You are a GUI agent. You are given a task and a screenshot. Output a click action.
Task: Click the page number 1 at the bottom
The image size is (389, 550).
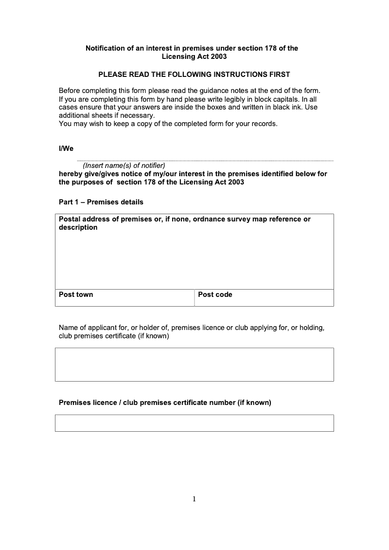[194, 498]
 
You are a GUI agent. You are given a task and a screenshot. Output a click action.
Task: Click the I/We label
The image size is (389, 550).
[66, 148]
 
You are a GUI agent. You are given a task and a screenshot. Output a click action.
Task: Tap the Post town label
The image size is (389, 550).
[76, 294]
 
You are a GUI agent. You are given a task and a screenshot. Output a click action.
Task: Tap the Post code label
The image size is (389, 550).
[215, 294]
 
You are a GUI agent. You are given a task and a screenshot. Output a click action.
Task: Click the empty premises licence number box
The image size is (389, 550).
[194, 423]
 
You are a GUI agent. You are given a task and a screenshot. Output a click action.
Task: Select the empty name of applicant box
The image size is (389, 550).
[194, 364]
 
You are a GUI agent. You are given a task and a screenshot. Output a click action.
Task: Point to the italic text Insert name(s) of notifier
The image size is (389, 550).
[124, 165]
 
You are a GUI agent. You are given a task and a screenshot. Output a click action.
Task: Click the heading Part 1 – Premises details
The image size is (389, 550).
[101, 202]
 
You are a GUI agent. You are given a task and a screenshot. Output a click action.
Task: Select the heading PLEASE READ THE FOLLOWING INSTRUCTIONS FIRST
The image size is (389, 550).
[194, 74]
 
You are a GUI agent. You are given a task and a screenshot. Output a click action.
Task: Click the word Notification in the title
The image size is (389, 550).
[106, 48]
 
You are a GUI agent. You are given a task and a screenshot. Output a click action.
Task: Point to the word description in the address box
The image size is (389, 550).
[78, 227]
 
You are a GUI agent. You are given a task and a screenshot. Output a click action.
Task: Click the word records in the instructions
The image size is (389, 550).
[264, 124]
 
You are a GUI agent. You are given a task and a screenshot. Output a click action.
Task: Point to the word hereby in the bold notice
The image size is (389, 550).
[70, 174]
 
